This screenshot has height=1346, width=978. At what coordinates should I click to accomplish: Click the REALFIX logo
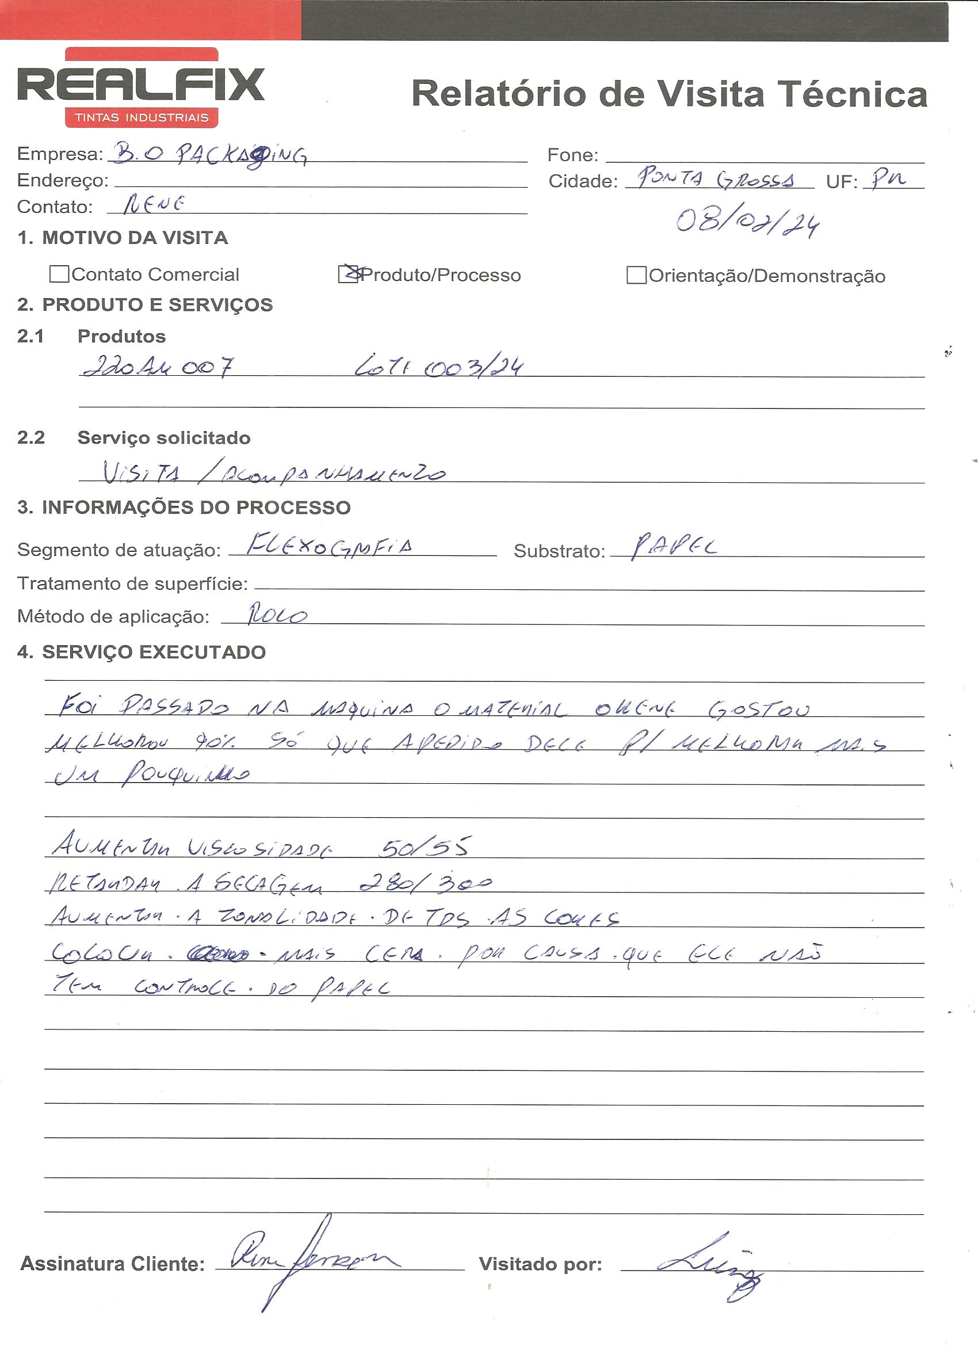tap(140, 88)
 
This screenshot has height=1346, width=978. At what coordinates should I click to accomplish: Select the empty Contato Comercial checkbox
tap(59, 273)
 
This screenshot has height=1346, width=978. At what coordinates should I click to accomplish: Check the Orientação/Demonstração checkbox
tap(636, 276)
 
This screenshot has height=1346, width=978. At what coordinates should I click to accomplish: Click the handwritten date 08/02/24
tap(748, 222)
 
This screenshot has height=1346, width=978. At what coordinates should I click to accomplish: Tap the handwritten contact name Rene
tap(154, 205)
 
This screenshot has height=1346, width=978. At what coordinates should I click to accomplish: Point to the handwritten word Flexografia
tap(330, 545)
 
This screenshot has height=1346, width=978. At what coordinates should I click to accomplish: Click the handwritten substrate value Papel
tap(674, 546)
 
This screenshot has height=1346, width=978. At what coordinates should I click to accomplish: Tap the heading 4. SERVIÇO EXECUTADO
tap(142, 651)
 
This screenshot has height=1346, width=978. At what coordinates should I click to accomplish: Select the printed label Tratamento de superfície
tap(132, 584)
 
